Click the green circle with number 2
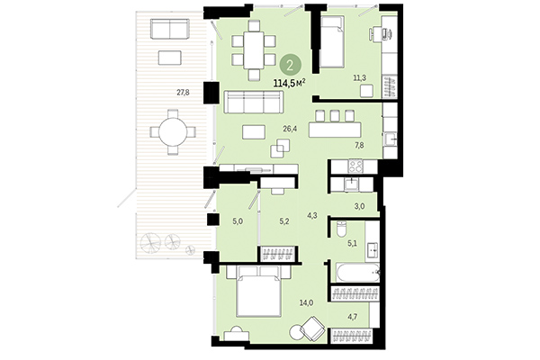[289, 64]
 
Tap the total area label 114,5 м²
[289, 83]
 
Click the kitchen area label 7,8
[358, 145]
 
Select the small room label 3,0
[358, 206]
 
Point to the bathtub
[356, 271]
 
